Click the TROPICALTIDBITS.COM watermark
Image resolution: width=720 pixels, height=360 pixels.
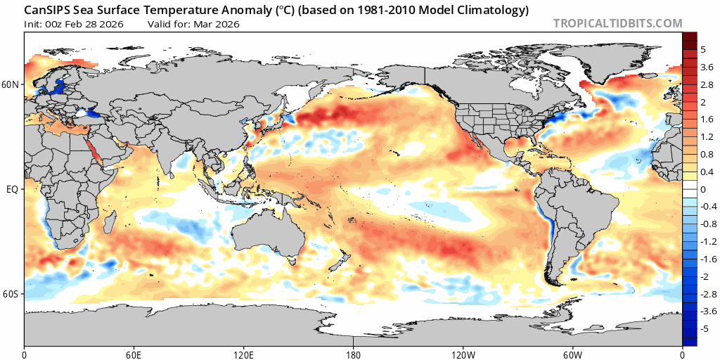point(617,23)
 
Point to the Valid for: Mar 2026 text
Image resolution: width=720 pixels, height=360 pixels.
point(193,24)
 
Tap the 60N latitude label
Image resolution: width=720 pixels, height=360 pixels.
point(12,84)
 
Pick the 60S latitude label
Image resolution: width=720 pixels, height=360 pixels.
point(12,294)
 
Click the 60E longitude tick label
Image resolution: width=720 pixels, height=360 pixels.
point(134,353)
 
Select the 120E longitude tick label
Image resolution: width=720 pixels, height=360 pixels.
point(244,353)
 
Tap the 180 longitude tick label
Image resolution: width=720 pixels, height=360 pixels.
point(354,353)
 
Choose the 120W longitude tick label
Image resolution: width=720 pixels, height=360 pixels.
point(463,353)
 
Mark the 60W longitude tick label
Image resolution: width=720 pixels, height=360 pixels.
point(573,353)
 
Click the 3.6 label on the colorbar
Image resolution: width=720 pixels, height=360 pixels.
point(707,67)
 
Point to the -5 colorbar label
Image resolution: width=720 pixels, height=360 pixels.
point(706,328)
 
